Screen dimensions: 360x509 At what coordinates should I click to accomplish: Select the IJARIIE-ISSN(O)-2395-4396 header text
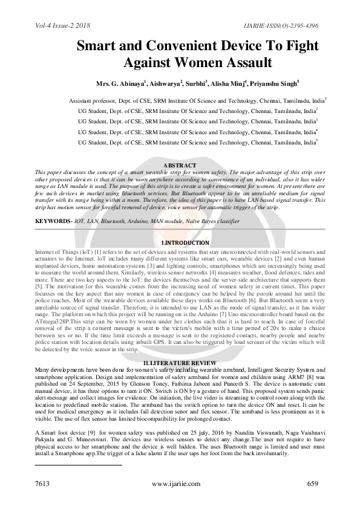click(x=279, y=25)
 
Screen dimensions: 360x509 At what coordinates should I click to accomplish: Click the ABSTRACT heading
click(x=180, y=166)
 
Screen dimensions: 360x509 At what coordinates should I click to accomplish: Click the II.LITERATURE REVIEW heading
click(x=180, y=361)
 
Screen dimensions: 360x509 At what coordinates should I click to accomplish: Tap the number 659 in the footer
click(x=313, y=484)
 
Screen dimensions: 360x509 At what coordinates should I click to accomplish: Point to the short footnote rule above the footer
click(x=78, y=465)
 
